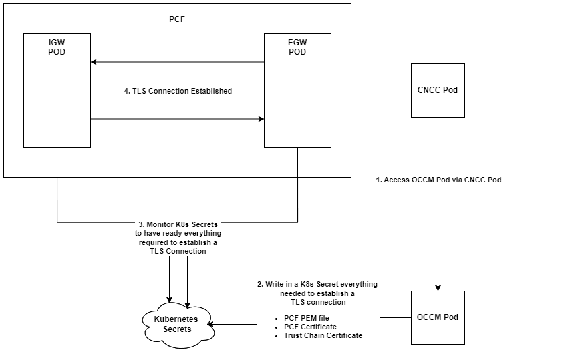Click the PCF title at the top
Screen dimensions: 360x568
click(x=177, y=18)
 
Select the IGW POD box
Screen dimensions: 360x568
click(x=57, y=100)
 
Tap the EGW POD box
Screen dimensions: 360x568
click(x=297, y=100)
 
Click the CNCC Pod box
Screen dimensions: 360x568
click(x=438, y=90)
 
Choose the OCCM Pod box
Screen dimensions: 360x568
click(x=438, y=317)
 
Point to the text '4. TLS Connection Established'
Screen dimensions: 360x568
click(x=178, y=91)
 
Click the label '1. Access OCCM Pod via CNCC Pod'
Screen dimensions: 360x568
click(x=438, y=180)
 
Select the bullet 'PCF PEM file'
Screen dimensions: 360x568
click(x=306, y=317)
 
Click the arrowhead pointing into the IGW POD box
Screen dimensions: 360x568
click(x=94, y=62)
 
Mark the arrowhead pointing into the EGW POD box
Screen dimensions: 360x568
click(x=261, y=120)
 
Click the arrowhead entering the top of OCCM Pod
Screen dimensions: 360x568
click(x=438, y=287)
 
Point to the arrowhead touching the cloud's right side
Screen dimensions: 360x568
click(x=212, y=325)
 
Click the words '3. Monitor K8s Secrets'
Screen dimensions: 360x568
click(x=178, y=225)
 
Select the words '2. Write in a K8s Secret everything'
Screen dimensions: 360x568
click(x=317, y=284)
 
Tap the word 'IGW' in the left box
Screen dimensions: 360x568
click(x=57, y=43)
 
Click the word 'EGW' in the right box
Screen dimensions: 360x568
click(x=298, y=43)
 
